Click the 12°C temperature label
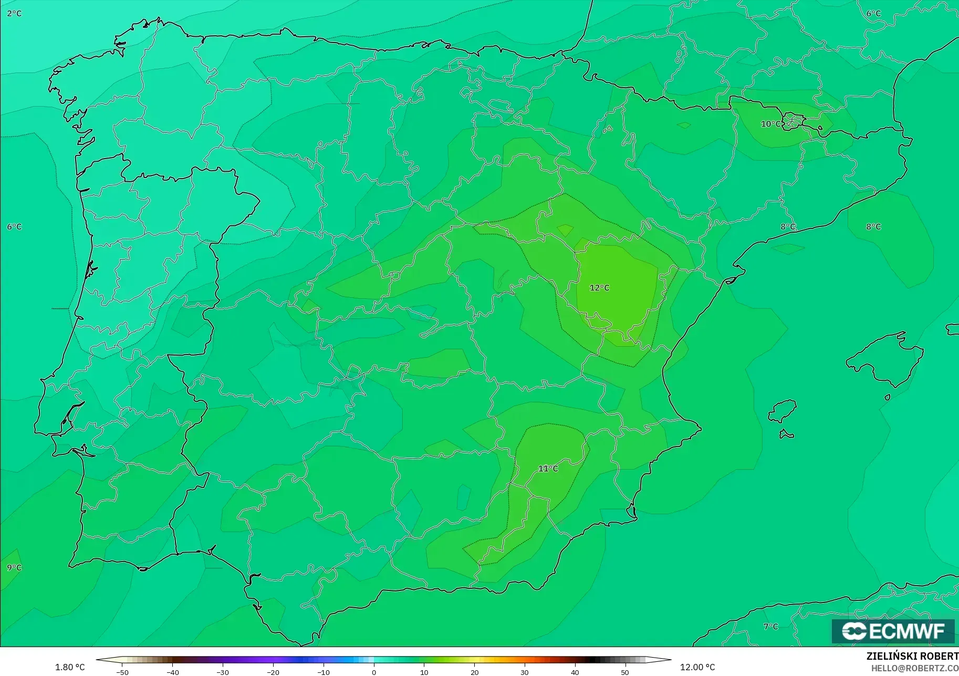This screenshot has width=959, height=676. [599, 288]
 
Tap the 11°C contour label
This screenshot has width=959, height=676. [548, 469]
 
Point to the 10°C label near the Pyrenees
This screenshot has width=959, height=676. [770, 124]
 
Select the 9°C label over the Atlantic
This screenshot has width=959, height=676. [14, 567]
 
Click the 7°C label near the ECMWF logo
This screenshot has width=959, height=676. [770, 626]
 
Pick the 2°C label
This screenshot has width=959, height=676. [14, 13]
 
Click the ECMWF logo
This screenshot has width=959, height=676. [893, 631]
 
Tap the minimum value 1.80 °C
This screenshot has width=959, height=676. [70, 667]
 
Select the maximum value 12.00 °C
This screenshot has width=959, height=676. [697, 667]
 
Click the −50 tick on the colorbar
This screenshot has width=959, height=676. [122, 672]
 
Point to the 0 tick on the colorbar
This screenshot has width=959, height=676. [373, 672]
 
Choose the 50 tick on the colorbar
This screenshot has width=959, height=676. [625, 672]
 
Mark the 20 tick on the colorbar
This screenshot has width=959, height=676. [474, 672]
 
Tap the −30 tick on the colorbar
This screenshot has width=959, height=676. [223, 672]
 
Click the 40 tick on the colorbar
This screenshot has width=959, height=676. [575, 672]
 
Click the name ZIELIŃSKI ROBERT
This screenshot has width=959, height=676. [912, 657]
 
